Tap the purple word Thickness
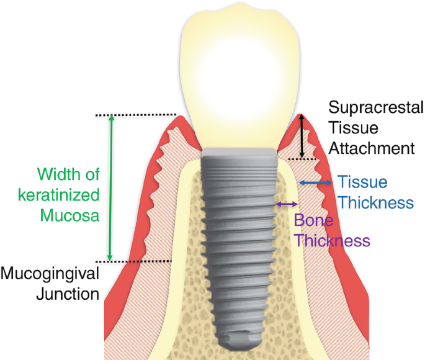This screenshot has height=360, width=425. coord(333,240)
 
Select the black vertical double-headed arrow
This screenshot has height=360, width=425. coord(302,137)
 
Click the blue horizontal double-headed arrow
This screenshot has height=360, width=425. coord(315,182)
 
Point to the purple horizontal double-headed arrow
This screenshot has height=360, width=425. coord(286,204)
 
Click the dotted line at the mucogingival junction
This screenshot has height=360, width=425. coord(142,261)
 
